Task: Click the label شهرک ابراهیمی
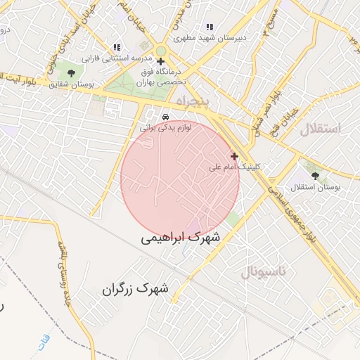180,238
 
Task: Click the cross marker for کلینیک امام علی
234,156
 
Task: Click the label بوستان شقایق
72,84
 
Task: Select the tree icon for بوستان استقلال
314,176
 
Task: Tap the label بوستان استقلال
318,188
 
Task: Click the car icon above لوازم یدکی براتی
165,117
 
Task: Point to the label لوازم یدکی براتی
165,128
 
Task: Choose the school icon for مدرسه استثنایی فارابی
117,47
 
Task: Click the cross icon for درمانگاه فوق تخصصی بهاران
161,62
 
